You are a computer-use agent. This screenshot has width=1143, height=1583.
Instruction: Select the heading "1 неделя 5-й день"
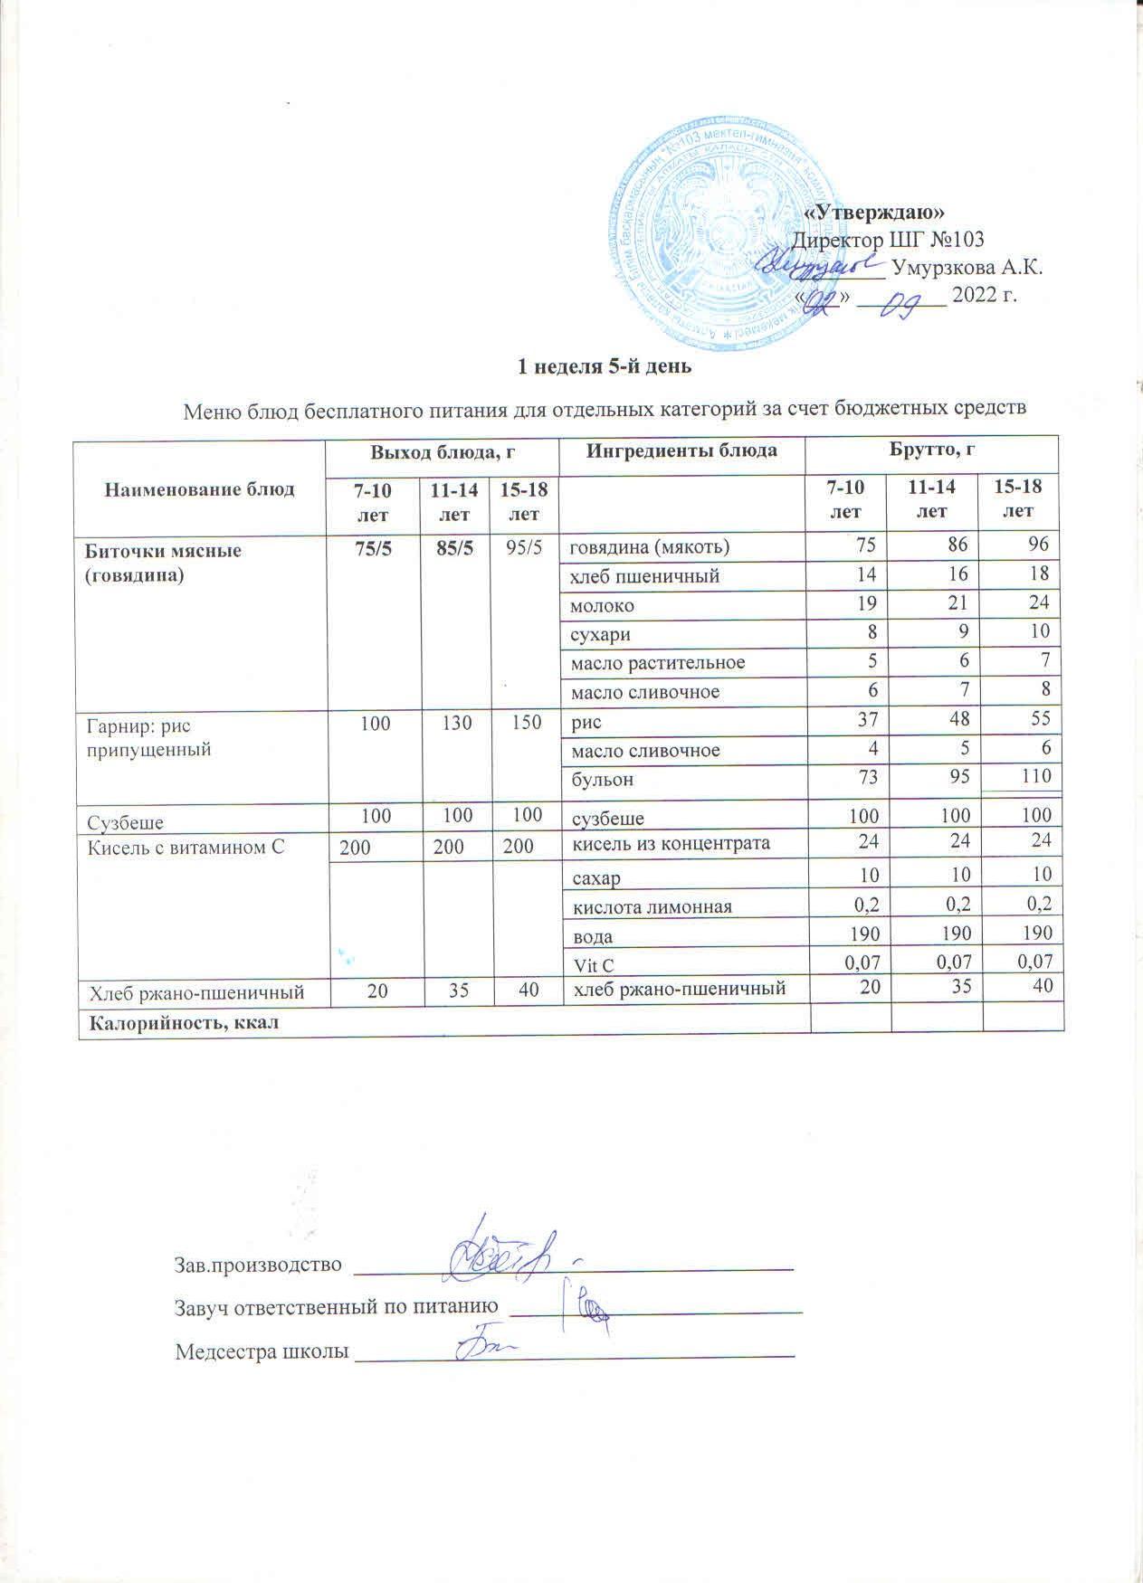604,367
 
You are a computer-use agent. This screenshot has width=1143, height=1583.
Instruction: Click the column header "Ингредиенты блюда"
681,450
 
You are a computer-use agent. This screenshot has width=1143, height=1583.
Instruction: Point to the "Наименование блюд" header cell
200,489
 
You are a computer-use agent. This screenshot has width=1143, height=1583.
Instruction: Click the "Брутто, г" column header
933,450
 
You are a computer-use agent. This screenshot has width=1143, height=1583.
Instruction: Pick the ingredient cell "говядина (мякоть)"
649,546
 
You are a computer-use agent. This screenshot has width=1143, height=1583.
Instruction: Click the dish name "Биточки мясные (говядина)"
163,562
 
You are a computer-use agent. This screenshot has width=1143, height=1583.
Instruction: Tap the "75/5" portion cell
371,547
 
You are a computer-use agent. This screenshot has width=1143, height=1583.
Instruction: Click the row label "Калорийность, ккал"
181,1023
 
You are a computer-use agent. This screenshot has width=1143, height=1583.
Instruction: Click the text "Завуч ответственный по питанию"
336,1307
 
